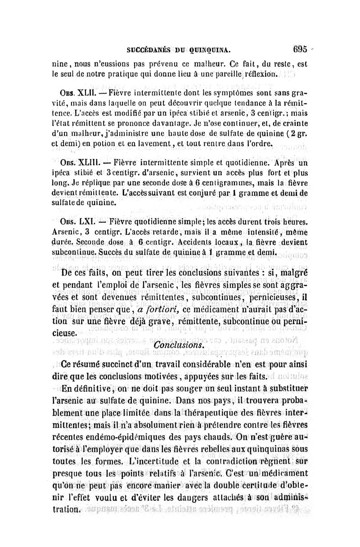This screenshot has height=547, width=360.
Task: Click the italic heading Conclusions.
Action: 179,344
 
